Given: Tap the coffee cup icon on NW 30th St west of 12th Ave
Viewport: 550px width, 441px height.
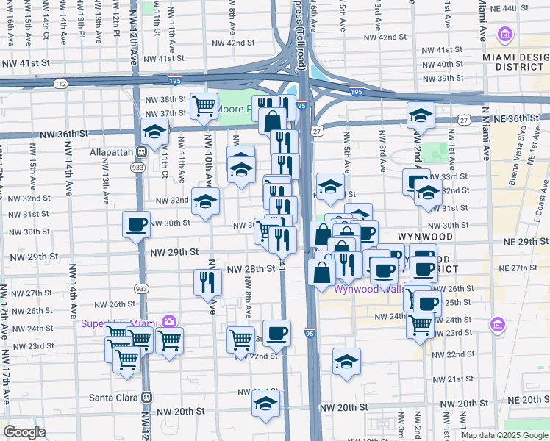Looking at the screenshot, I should pos(136,225).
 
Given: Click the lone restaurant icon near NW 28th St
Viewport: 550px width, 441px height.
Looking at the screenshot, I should pos(207,282).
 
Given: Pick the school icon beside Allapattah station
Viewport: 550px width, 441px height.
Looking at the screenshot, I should pos(155,132).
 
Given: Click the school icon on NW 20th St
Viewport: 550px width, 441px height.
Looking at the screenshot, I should pos(265,403).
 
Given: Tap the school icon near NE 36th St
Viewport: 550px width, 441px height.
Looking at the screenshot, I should pos(421,115).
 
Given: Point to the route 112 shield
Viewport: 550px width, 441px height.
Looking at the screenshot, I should pos(60,85).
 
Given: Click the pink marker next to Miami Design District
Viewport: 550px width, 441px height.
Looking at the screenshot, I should pos(504,34).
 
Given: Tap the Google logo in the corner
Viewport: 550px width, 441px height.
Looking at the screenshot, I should pos(24,432).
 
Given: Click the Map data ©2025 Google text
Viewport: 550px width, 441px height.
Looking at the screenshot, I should pos(504,435).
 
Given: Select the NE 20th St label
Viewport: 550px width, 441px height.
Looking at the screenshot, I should pos(529,399).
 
